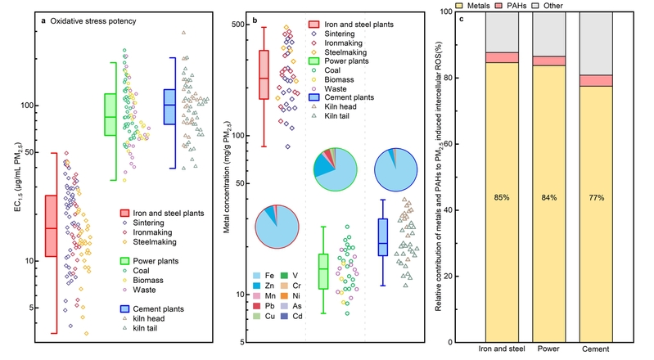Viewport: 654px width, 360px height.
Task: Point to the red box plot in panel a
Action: click(x=51, y=226)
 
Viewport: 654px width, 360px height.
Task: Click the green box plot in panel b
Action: click(x=322, y=267)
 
